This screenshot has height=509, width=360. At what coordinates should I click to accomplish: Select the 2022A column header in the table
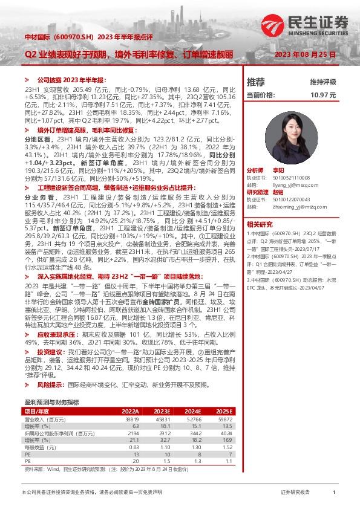(x=130, y=393)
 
